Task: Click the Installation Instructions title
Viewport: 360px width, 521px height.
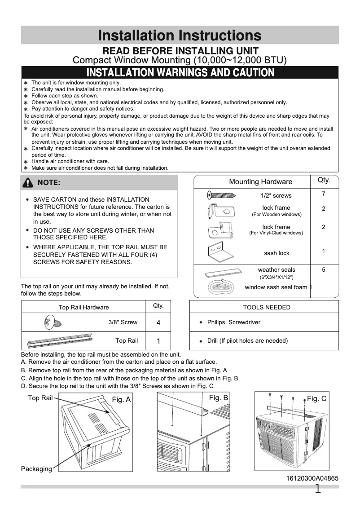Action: click(180, 35)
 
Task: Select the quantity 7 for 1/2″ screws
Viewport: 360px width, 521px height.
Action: click(323, 194)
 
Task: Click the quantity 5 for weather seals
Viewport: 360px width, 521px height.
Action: click(323, 269)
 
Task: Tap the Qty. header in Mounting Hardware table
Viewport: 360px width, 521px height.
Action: click(324, 180)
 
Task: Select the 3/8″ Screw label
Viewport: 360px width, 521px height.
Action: click(123, 322)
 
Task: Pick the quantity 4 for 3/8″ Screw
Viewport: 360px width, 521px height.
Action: click(158, 322)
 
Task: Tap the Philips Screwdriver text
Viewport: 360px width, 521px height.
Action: click(233, 322)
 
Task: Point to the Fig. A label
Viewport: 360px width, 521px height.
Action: click(121, 399)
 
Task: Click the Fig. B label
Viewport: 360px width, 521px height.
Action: click(219, 397)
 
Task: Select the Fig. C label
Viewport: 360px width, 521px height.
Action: click(316, 398)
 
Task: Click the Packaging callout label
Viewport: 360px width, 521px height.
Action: click(36, 469)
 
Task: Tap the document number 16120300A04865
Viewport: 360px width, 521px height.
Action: click(312, 479)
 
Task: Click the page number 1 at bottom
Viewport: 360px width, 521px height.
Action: click(318, 489)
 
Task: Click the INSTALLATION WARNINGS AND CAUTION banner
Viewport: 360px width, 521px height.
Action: click(180, 72)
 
